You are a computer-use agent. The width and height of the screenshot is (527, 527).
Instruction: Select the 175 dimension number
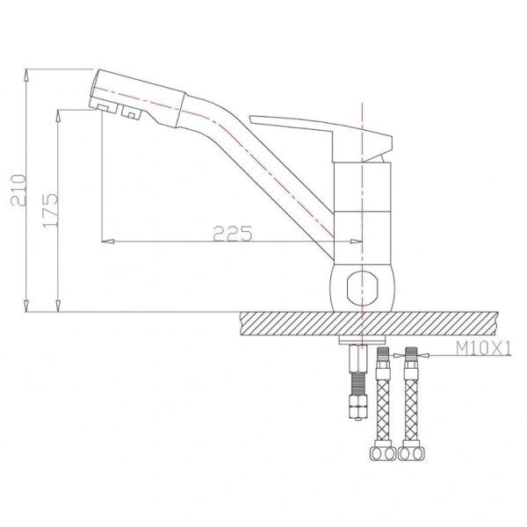tap(51, 211)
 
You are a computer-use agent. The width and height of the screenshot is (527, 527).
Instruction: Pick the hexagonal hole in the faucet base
tap(361, 286)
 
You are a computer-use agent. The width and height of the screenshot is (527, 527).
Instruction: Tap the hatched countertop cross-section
tap(369, 322)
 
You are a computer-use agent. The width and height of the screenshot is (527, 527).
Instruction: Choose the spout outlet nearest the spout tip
tap(104, 106)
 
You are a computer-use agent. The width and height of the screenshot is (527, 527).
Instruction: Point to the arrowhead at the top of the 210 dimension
tap(28, 71)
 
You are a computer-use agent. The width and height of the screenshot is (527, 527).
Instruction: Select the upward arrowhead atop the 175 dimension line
tap(59, 112)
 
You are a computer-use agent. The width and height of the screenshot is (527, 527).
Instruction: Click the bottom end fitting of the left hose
tap(383, 455)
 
